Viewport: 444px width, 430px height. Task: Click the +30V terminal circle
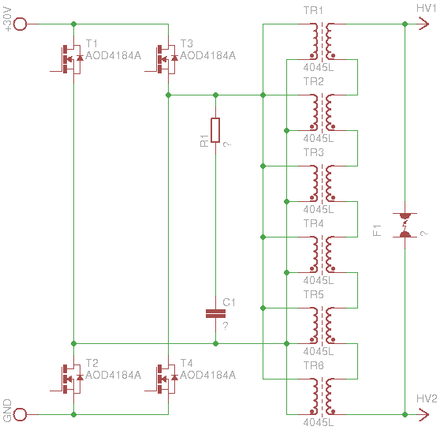click(x=20, y=24)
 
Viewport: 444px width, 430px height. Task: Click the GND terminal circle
click(x=20, y=414)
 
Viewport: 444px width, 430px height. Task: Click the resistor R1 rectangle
click(x=215, y=130)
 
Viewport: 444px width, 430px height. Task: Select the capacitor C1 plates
click(x=215, y=313)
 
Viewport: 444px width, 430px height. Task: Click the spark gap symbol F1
click(x=405, y=225)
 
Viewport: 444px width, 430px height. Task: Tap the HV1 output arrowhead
click(x=424, y=24)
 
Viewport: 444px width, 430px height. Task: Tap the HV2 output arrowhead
click(x=424, y=414)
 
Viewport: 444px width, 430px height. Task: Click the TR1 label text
click(x=313, y=11)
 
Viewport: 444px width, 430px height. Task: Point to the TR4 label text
click(x=313, y=224)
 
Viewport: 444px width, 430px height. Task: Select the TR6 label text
click(x=313, y=366)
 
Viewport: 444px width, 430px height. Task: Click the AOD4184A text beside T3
click(x=208, y=55)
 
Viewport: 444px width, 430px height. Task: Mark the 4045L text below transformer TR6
click(x=319, y=423)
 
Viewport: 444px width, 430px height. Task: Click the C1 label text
click(x=229, y=302)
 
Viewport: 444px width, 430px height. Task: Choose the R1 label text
click(x=204, y=140)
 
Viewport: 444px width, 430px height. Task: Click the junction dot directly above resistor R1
click(x=215, y=95)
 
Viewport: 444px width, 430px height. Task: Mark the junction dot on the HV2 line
click(x=405, y=414)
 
